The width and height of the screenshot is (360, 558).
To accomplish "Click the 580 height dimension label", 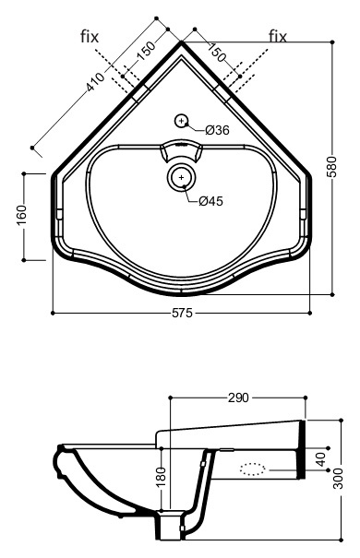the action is (332, 168).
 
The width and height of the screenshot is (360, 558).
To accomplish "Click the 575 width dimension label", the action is (183, 313).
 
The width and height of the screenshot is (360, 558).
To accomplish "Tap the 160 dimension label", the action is (22, 215).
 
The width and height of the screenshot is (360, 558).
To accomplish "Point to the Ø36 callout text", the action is (217, 130).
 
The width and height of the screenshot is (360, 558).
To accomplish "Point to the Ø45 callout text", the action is (210, 201).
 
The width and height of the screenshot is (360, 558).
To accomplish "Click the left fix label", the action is (90, 36).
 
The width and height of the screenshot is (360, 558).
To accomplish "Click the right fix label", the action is (278, 36).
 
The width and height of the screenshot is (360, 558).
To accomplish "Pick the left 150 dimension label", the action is (146, 51).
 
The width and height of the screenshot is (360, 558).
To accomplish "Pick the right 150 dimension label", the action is (217, 52).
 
